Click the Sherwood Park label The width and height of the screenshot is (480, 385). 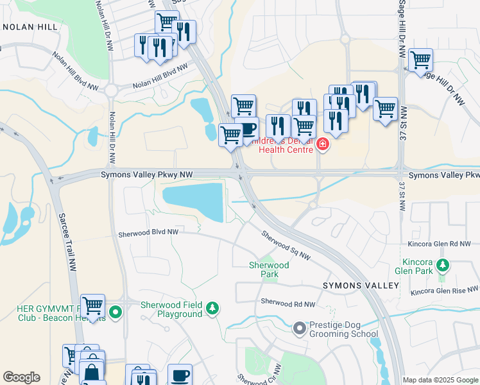click(x=269, y=269)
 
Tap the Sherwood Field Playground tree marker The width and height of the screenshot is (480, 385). click(x=212, y=309)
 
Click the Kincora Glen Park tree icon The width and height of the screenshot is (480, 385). click(x=442, y=264)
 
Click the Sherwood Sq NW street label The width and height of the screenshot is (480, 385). click(x=286, y=244)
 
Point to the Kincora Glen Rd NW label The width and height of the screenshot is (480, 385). click(x=440, y=244)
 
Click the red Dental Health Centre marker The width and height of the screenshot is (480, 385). click(x=322, y=145)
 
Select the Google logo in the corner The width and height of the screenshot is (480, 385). click(x=22, y=377)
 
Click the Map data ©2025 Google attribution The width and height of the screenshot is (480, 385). click(x=441, y=380)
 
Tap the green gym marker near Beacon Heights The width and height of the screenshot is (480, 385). click(x=115, y=313)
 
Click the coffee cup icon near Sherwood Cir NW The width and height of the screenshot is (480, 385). click(x=180, y=374)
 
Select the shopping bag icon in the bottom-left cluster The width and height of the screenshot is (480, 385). click(x=92, y=371)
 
